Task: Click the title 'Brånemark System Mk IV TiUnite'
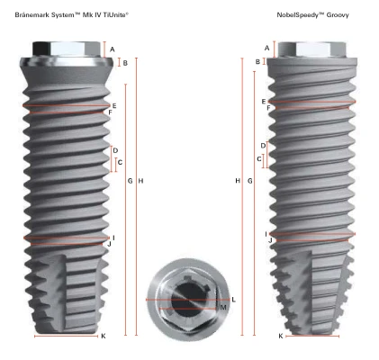[x=72, y=14]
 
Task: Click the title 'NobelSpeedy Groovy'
[x=312, y=14]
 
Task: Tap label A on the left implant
[x=113, y=49]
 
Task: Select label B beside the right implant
[x=257, y=62]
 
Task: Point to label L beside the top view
[x=234, y=300]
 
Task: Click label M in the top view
[x=223, y=308]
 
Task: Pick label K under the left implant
[x=104, y=336]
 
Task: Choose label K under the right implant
[x=281, y=336]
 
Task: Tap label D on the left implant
[x=115, y=150]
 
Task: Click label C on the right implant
[x=259, y=159]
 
